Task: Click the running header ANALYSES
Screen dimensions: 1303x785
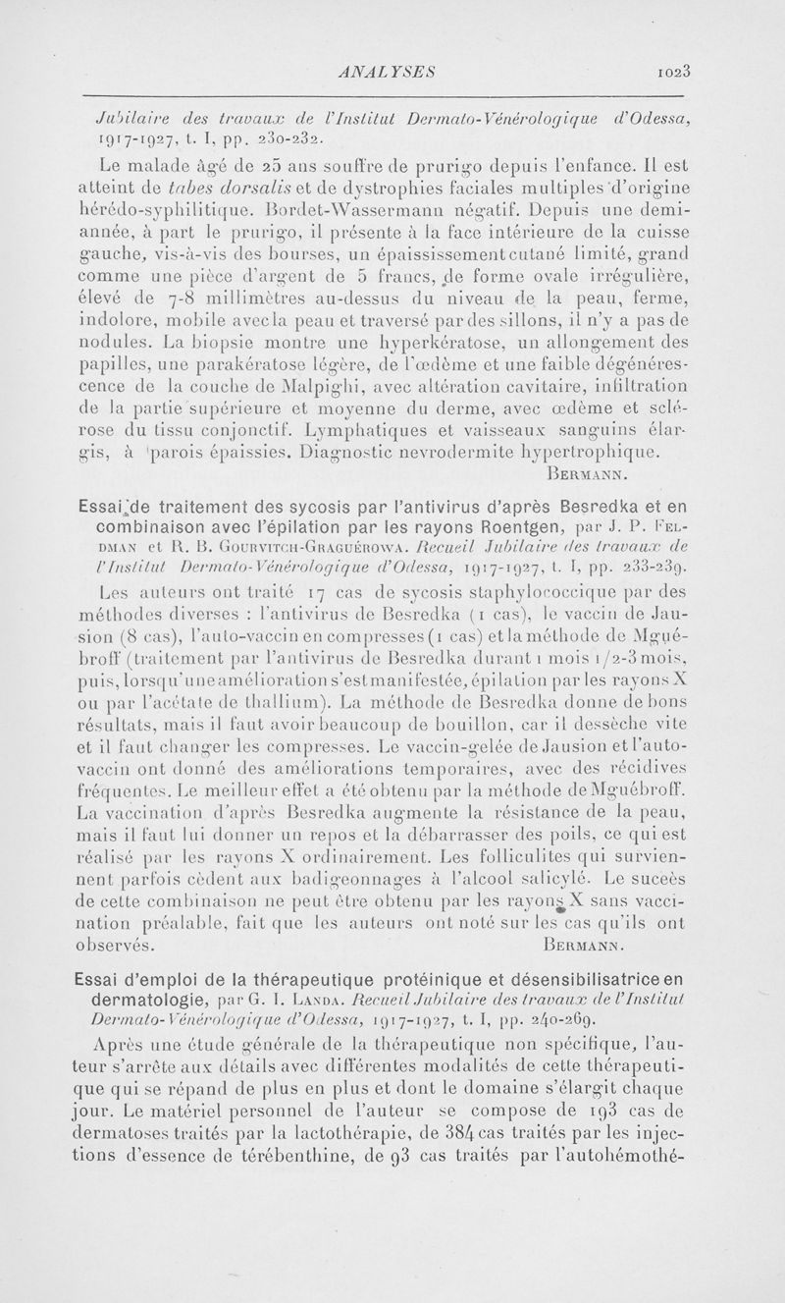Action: [378, 72]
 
